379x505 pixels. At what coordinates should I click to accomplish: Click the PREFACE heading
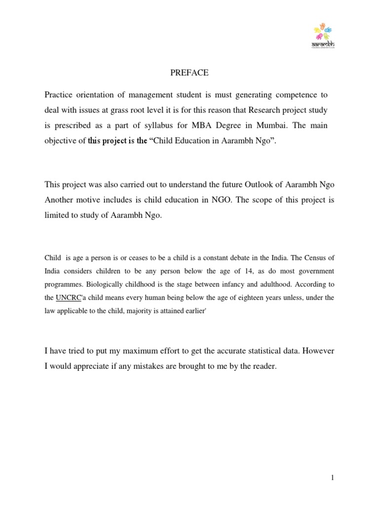189,73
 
